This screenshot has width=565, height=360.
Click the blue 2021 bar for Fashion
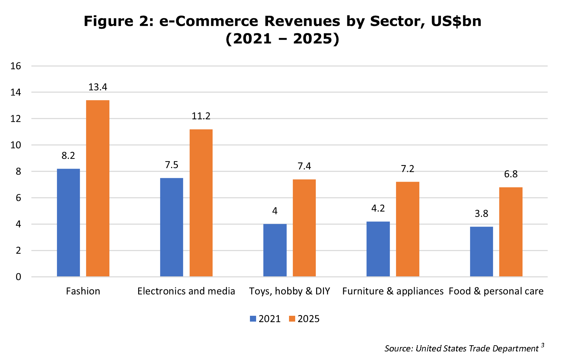click(x=68, y=223)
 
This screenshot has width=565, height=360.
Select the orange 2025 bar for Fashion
click(x=98, y=188)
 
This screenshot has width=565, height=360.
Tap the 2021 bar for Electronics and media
click(x=171, y=227)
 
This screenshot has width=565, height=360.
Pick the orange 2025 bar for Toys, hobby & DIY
click(x=304, y=228)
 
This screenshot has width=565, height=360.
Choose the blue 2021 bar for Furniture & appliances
click(x=378, y=249)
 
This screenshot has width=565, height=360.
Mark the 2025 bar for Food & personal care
click(x=510, y=232)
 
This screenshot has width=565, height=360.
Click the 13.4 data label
click(x=98, y=87)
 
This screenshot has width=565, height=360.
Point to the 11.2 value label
click(x=201, y=116)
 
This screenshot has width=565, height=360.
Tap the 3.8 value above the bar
click(x=481, y=214)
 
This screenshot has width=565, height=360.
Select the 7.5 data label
click(x=171, y=165)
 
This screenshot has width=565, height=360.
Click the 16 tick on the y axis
click(x=16, y=66)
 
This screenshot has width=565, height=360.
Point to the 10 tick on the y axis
click(x=16, y=145)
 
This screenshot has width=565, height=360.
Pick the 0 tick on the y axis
click(x=18, y=277)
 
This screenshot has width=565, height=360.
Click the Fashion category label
click(x=83, y=291)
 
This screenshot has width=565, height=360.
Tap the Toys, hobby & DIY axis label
click(x=289, y=291)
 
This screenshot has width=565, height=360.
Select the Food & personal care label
click(x=496, y=291)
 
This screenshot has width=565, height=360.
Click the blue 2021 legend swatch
click(x=253, y=319)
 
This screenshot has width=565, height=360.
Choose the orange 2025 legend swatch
click(x=292, y=319)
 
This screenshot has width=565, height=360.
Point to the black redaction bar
click(x=465, y=348)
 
